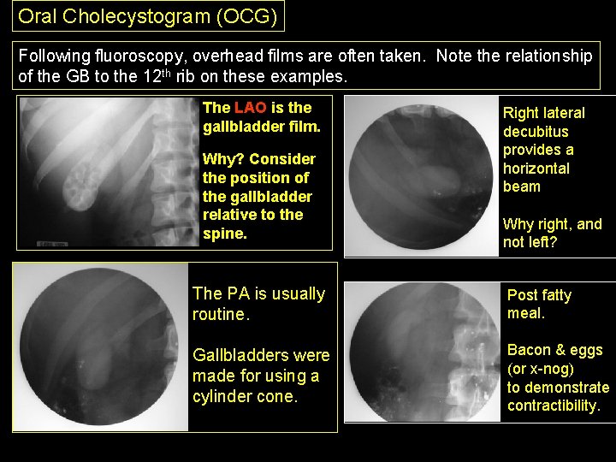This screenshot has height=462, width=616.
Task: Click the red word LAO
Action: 250,109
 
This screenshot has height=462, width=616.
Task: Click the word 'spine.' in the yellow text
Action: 225,234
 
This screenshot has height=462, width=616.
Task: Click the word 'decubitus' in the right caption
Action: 536,132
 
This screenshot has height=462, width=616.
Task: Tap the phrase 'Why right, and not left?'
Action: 552,233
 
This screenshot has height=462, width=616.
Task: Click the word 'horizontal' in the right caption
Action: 536,169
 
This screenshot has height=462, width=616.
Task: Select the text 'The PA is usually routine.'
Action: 258,304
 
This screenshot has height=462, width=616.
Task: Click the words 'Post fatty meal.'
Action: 539,304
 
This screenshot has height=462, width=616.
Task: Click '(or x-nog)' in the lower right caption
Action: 541,369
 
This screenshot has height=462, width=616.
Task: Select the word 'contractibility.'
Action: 554,406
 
